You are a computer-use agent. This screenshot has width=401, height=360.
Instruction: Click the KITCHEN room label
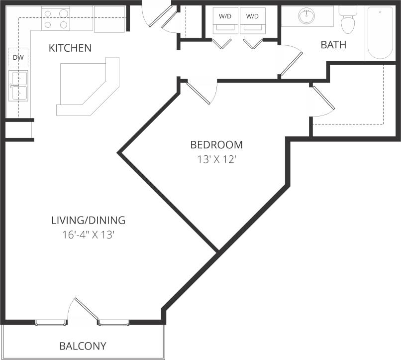coord(70,48)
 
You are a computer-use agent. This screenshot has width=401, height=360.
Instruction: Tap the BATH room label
coord(333,45)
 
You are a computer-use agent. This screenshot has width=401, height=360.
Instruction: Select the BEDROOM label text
coord(216,145)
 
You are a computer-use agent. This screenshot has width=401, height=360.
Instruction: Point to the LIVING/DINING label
coord(88,220)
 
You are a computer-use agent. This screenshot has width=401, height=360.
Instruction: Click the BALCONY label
coord(83,346)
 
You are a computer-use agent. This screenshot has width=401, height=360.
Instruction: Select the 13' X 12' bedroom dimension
coord(216,160)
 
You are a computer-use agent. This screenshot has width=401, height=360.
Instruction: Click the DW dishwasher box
coord(18,58)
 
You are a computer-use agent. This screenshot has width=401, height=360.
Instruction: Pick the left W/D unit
coord(224,20)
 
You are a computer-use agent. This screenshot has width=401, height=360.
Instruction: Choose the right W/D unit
coord(252,20)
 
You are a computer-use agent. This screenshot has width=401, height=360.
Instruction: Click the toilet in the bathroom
coord(348,20)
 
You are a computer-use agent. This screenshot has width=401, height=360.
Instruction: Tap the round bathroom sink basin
coord(307,16)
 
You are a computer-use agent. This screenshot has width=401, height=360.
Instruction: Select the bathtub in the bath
coord(380,33)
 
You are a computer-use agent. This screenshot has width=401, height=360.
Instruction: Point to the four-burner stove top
coord(55,18)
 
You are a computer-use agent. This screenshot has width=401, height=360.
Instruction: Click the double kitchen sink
coord(18,85)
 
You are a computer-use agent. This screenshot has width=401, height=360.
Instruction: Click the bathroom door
coord(291,62)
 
